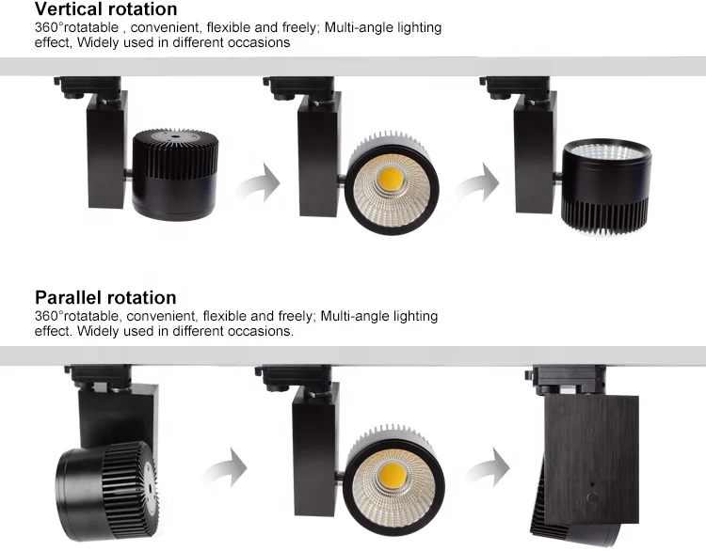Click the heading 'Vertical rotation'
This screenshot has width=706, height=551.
tap(105, 9)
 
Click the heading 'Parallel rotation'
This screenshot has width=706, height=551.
tap(105, 298)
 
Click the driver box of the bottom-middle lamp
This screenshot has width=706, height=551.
tap(314, 442)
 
